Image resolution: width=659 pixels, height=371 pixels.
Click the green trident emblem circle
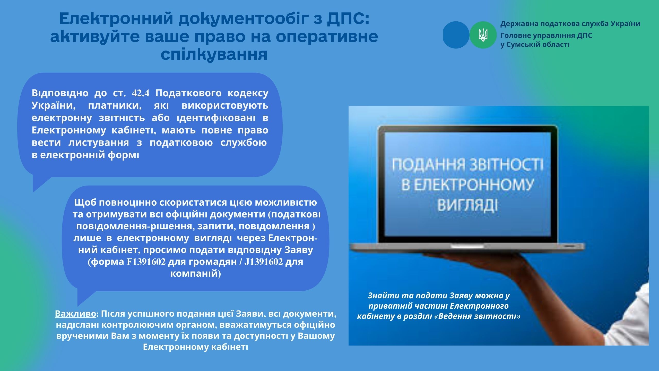[483, 35]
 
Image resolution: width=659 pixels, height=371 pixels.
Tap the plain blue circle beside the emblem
[456, 35]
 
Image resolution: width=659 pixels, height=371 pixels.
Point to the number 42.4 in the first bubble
[141, 93]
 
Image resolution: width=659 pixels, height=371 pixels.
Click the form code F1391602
[146, 262]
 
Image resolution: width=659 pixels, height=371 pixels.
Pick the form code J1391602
[264, 262]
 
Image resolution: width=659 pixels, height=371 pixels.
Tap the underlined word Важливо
[75, 314]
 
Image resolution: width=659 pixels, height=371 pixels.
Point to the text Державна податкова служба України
[570, 24]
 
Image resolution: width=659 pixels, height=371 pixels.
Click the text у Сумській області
[535, 45]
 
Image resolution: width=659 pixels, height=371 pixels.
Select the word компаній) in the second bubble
[196, 274]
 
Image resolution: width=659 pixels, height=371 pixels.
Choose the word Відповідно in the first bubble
[60, 93]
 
